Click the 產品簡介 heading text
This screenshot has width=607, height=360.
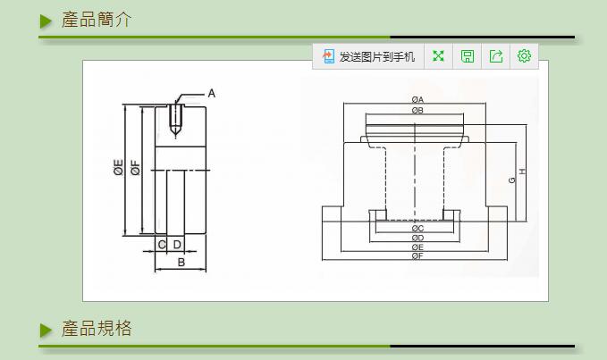[97, 20]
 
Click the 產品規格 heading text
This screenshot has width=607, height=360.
[97, 329]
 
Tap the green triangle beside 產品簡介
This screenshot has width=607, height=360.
[46, 21]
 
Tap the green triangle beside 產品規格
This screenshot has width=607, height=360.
[46, 330]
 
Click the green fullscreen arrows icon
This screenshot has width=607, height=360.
[438, 56]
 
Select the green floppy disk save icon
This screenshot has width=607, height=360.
[467, 56]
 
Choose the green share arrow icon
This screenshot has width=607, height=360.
[495, 56]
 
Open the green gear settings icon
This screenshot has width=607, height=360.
[524, 56]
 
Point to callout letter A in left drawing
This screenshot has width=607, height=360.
[212, 93]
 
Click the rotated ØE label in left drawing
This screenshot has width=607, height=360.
[119, 167]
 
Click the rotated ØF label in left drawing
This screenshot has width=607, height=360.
[135, 167]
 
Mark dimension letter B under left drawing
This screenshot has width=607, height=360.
[181, 262]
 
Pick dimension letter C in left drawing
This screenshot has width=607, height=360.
[162, 244]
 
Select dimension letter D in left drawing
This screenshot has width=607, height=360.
[177, 244]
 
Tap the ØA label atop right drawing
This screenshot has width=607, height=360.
[417, 98]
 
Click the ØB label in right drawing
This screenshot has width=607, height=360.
[417, 110]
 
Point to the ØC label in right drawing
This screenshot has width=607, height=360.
[417, 229]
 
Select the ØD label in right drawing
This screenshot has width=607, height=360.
[417, 238]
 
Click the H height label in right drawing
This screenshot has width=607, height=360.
[522, 172]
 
